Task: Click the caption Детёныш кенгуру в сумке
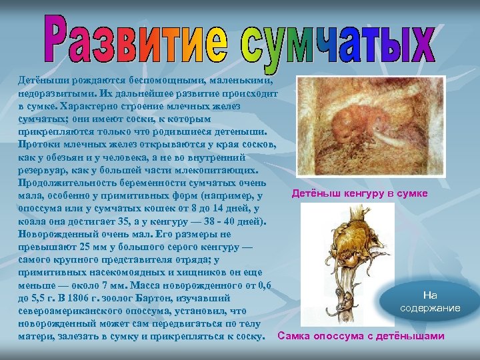[360, 193]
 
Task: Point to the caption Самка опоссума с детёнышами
[361, 335]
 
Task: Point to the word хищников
[195, 272]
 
